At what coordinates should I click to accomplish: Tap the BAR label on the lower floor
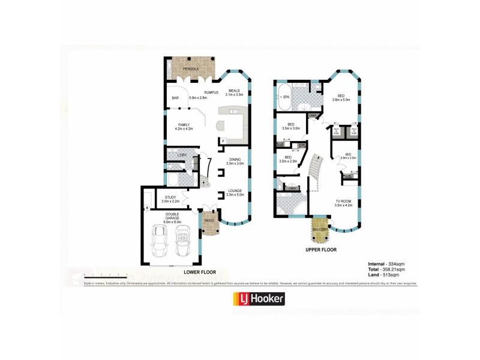(176, 97)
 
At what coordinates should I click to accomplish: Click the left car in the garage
(161, 239)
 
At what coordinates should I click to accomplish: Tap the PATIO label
(209, 220)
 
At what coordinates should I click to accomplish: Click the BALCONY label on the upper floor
(320, 230)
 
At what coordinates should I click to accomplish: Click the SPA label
(286, 97)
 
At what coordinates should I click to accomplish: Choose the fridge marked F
(223, 141)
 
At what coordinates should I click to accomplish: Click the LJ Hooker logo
(258, 298)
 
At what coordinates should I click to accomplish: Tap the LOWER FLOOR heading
(200, 271)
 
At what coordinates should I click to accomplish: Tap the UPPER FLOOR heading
(320, 249)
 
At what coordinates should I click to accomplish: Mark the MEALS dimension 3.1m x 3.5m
(233, 95)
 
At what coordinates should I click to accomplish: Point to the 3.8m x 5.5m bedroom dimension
(341, 99)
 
